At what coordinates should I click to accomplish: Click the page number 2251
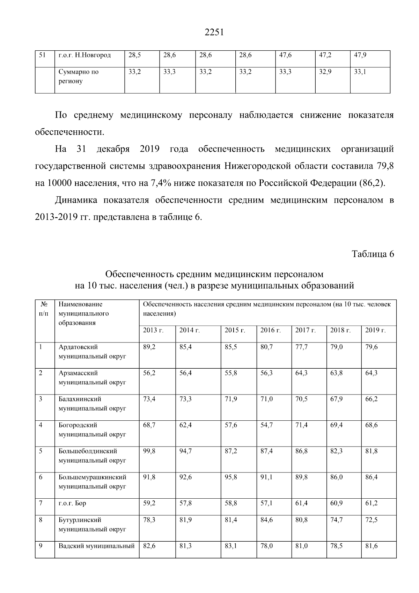[213, 32]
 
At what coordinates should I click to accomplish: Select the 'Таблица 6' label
[373, 254]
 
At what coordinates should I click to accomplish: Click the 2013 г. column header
[153, 330]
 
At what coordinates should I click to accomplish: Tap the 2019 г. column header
[375, 330]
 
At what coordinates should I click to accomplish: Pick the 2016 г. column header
[271, 330]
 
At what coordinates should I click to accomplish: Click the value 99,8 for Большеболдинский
[149, 451]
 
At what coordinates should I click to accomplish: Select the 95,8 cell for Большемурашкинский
[231, 477]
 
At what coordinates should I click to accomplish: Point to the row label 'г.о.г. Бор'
[72, 503]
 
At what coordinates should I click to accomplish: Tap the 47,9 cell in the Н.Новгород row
[360, 55]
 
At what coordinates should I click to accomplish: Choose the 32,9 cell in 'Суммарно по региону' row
[325, 72]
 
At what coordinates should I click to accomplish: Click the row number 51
[42, 55]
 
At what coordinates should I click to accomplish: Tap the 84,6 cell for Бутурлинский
[267, 520]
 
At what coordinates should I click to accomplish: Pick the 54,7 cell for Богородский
[267, 425]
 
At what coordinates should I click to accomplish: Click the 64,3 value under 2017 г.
[302, 373]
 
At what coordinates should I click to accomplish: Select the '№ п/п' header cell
[44, 309]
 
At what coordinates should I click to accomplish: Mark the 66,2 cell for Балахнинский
[372, 399]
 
